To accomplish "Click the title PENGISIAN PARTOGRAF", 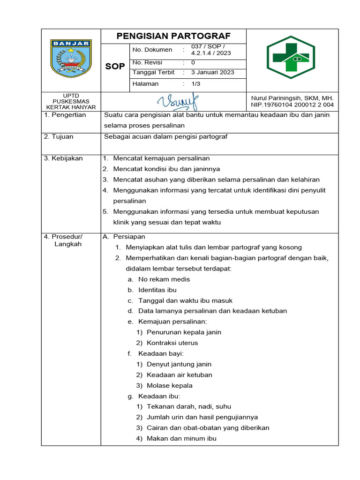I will [x=173, y=37].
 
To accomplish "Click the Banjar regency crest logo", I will [x=71, y=60].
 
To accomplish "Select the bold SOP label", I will [x=115, y=67].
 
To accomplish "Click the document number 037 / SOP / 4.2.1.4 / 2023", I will [x=211, y=50].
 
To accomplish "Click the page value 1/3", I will [x=195, y=84].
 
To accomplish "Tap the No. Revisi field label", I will [x=147, y=62].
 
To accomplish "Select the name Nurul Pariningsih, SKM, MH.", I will [x=292, y=97].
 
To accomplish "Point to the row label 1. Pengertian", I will [x=65, y=115].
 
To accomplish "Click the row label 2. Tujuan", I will [x=59, y=137].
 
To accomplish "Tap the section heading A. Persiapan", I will [x=124, y=237].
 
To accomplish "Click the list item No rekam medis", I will [x=164, y=279].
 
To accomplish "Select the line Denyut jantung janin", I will [x=179, y=364].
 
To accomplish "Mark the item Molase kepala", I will [x=169, y=386].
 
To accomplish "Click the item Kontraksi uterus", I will [x=172, y=343].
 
